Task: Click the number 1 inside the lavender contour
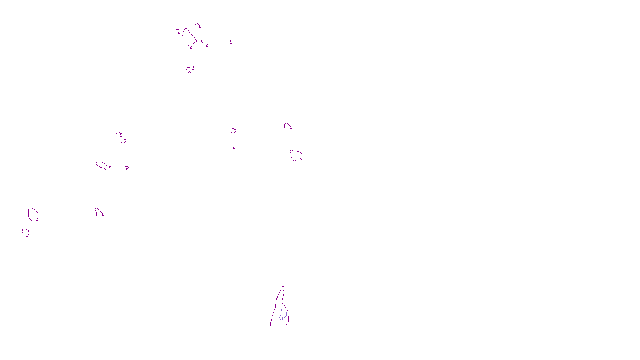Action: (282, 319)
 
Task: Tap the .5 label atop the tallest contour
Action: (283, 288)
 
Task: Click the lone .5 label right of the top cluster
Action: (231, 42)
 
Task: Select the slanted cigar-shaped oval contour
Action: (101, 165)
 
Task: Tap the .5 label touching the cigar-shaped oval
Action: (110, 168)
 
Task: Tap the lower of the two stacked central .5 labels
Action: (234, 148)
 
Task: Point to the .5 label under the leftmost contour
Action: (27, 237)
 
